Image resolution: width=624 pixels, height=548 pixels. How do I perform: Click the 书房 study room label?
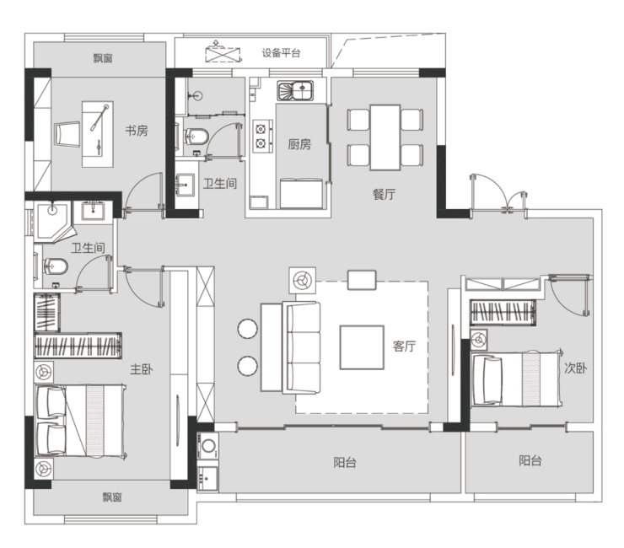(x=137, y=130)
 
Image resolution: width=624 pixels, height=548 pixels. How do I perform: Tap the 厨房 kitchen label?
(x=299, y=144)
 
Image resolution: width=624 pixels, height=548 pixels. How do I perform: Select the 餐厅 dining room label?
(x=384, y=194)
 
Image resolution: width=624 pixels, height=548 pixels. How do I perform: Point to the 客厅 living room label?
(x=404, y=347)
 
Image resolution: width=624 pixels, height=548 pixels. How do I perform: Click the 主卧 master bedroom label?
(x=142, y=369)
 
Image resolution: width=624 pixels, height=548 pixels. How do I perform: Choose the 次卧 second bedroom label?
(x=575, y=368)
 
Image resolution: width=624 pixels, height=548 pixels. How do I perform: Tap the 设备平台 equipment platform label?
(x=281, y=53)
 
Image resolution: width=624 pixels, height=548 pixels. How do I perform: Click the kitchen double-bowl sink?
(x=295, y=91)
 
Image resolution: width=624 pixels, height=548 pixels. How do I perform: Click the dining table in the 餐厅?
(x=385, y=137)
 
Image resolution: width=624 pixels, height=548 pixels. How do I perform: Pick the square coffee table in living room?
(x=362, y=347)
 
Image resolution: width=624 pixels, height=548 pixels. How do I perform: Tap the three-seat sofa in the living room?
(x=301, y=348)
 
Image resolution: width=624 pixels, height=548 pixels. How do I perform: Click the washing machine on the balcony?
(x=208, y=446)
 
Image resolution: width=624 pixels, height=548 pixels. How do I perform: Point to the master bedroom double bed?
(x=80, y=421)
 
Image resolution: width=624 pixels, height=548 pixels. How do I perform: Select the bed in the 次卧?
(x=517, y=379)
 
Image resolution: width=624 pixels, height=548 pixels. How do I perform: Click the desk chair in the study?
(x=67, y=135)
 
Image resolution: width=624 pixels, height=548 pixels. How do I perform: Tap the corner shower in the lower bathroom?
(x=52, y=222)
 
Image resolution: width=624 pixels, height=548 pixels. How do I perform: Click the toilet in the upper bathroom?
(x=196, y=137)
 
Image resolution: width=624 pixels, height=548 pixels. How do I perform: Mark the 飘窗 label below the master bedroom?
(x=112, y=497)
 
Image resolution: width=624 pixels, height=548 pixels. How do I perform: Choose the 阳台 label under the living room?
(x=345, y=463)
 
